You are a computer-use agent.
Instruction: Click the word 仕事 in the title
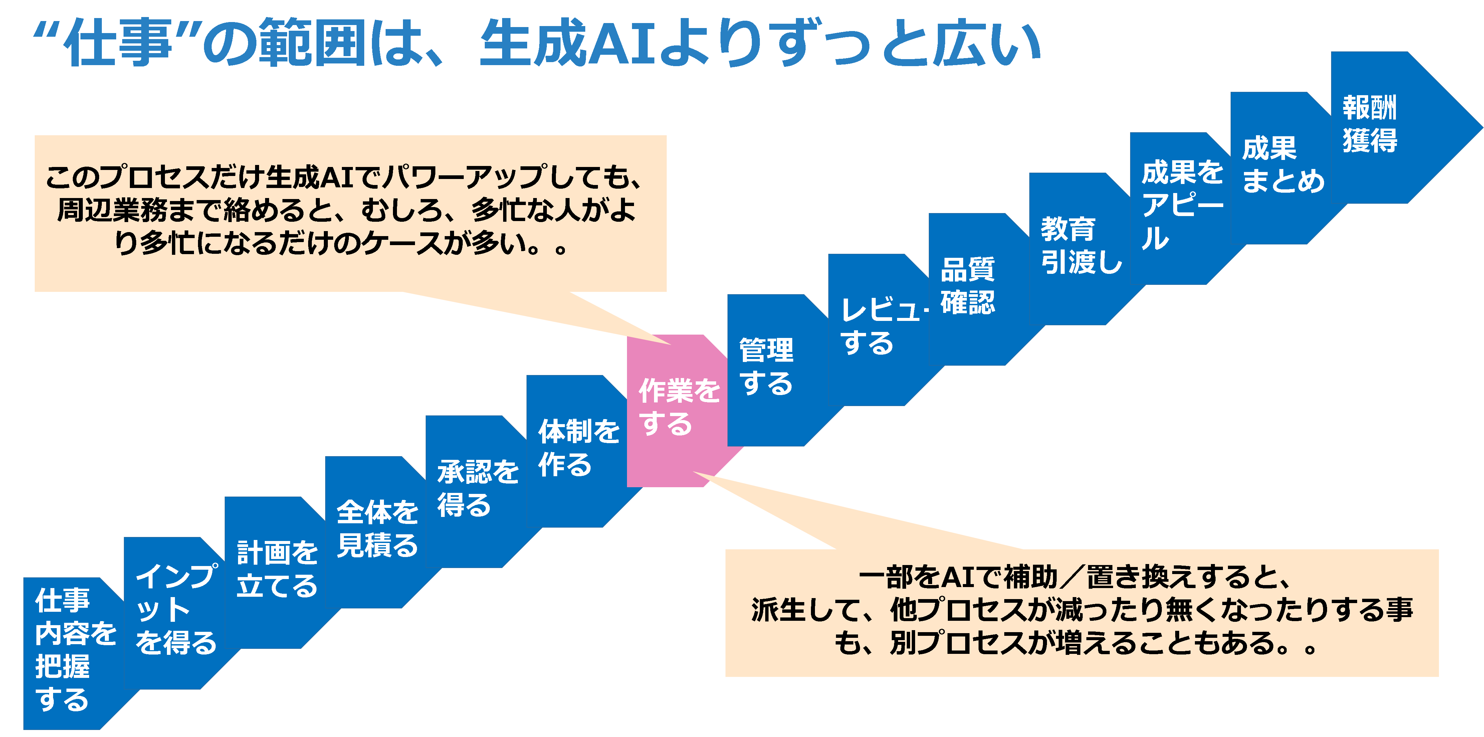[x=118, y=43]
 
